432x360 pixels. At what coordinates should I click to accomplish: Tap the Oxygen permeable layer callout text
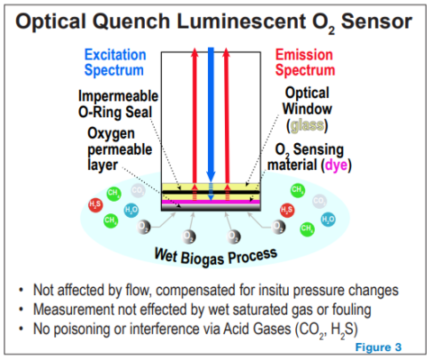115,148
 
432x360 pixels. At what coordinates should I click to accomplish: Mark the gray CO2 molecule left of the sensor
138,191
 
